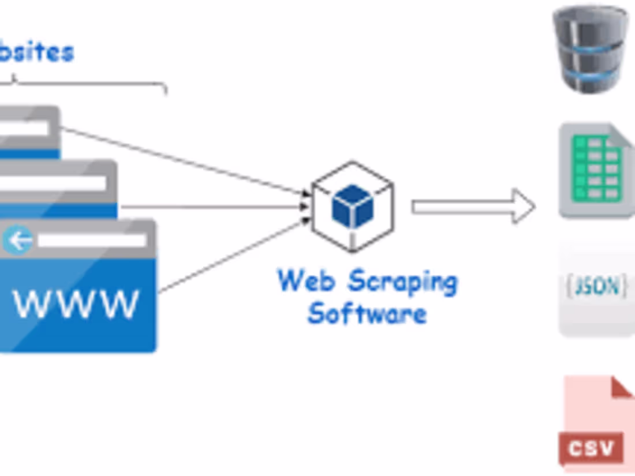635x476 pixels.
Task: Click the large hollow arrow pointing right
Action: [x=473, y=207]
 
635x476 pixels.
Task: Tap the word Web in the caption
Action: [x=307, y=281]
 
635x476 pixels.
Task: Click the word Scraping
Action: [x=402, y=283]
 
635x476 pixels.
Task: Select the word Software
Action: [x=367, y=314]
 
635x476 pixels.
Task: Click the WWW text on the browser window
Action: [x=76, y=303]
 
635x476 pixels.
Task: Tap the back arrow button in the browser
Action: [x=18, y=240]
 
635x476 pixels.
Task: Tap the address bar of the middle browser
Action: [x=52, y=183]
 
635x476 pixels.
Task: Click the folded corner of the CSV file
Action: [x=622, y=388]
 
